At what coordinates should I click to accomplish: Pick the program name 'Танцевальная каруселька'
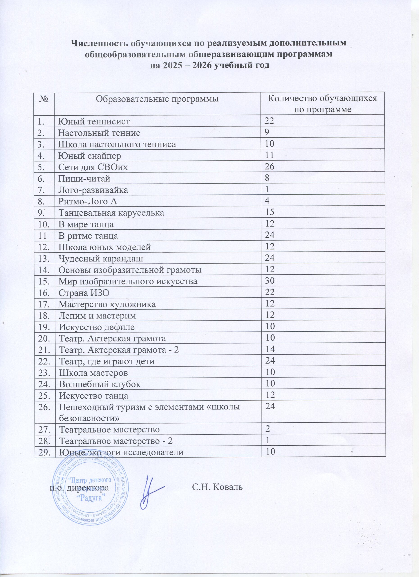click(x=111, y=213)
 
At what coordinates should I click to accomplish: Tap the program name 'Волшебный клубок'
click(x=100, y=384)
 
